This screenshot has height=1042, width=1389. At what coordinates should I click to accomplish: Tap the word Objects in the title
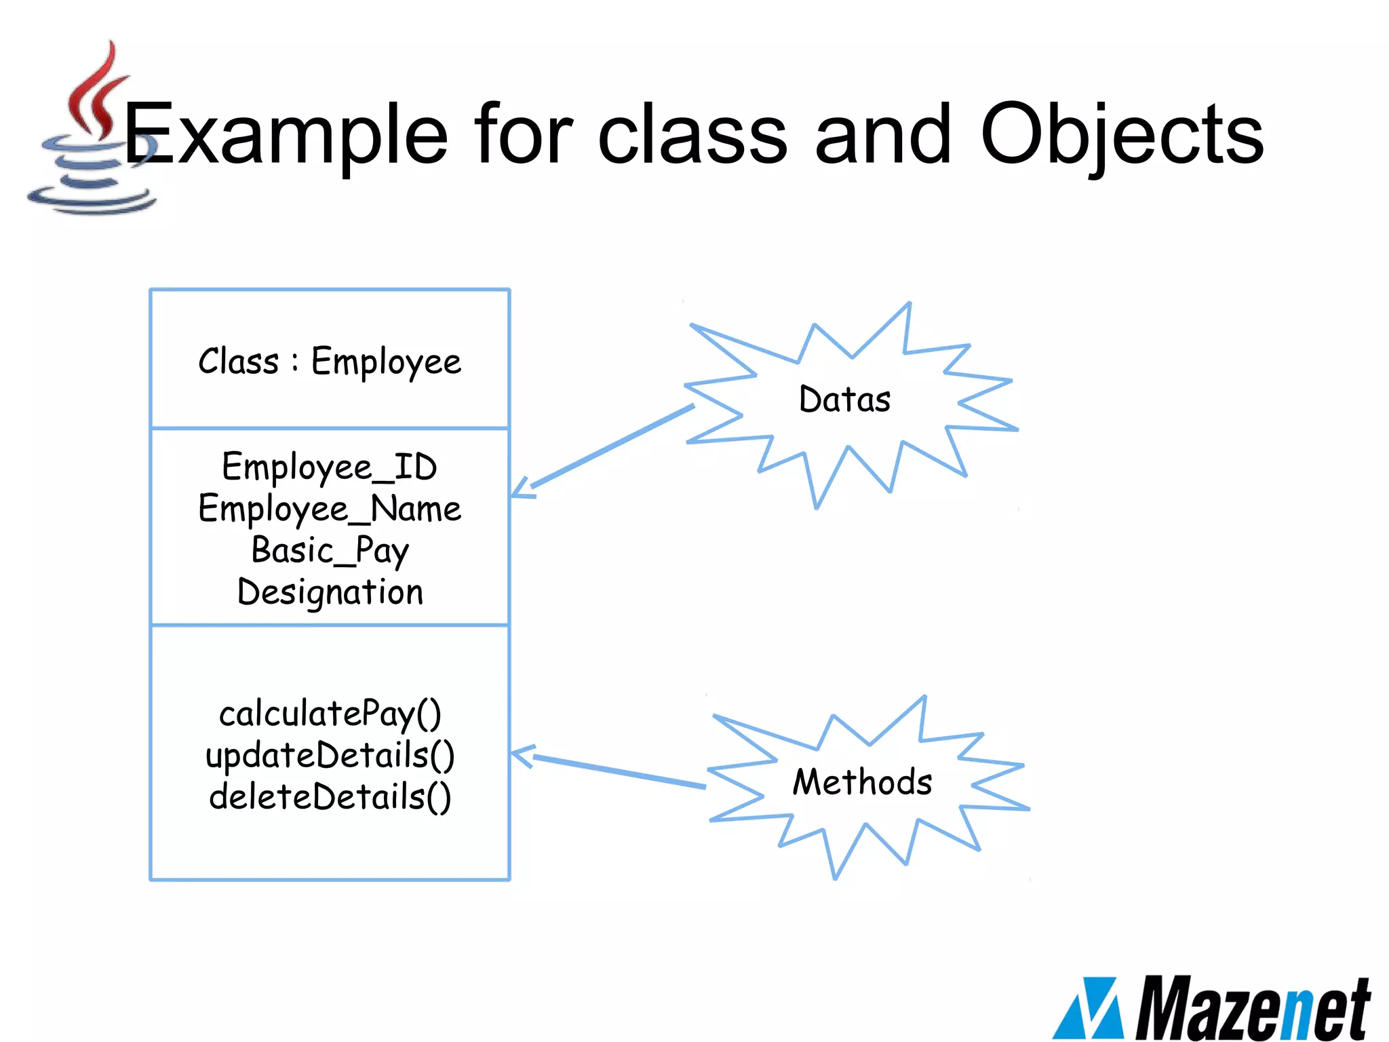pyautogui.click(x=1122, y=134)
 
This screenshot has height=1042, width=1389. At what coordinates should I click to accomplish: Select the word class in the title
pyautogui.click(x=692, y=134)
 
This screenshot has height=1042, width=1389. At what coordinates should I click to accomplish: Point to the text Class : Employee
pyautogui.click(x=330, y=362)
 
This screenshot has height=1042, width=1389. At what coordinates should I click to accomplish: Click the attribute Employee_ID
pyautogui.click(x=330, y=467)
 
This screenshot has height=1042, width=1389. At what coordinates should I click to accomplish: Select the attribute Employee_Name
pyautogui.click(x=330, y=509)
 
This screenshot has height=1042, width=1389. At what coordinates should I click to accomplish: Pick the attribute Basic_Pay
pyautogui.click(x=330, y=550)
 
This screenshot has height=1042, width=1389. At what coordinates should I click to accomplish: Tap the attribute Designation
pyautogui.click(x=330, y=592)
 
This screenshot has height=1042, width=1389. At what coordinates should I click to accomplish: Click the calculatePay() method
pyautogui.click(x=330, y=714)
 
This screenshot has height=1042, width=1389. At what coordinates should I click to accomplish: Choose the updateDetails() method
pyautogui.click(x=330, y=755)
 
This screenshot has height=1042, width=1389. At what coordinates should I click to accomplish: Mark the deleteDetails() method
pyautogui.click(x=330, y=796)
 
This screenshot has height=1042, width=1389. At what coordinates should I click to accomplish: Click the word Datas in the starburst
pyautogui.click(x=844, y=399)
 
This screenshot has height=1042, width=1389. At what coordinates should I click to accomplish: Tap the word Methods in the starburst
pyautogui.click(x=862, y=781)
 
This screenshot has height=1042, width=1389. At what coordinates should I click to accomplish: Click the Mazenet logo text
pyautogui.click(x=1252, y=1008)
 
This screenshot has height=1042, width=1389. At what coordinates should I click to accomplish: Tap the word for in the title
pyautogui.click(x=523, y=134)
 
